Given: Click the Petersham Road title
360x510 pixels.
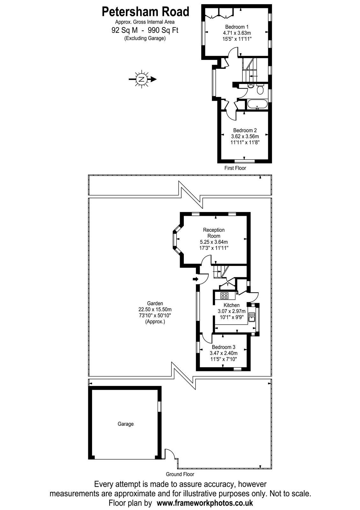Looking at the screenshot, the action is click(x=145, y=12).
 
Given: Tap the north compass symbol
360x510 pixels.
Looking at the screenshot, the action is click(x=142, y=79).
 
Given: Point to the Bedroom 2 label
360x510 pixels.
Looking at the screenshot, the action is click(x=245, y=130).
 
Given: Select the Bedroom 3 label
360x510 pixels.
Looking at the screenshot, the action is click(x=223, y=347).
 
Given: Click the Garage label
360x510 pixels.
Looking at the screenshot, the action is click(x=126, y=424).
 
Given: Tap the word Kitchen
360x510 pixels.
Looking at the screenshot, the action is click(x=231, y=305).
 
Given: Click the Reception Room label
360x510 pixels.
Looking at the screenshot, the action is click(x=214, y=233).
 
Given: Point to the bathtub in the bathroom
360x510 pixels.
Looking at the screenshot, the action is click(x=258, y=104).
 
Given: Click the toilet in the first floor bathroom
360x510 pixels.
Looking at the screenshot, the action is click(x=260, y=89).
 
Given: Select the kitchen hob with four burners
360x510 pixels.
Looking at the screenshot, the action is click(x=224, y=295).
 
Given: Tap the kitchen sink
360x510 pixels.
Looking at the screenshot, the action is click(x=252, y=317).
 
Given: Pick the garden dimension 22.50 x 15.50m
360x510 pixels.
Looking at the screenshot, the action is click(x=155, y=310).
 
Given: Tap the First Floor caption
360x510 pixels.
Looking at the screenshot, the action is click(x=235, y=168).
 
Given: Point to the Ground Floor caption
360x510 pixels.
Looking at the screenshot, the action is click(x=180, y=474).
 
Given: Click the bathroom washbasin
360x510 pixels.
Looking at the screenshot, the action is click(x=251, y=86).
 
